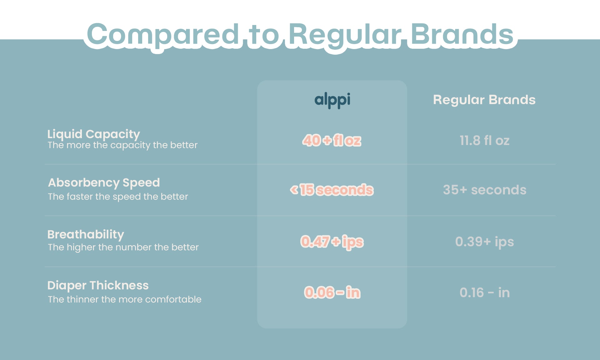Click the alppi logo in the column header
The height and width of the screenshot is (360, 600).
(x=332, y=100)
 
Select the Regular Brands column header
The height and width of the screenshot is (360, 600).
(x=484, y=100)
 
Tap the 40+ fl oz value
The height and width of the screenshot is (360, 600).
(x=332, y=140)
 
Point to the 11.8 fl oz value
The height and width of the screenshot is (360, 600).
(x=484, y=141)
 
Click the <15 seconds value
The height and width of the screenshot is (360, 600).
(x=332, y=190)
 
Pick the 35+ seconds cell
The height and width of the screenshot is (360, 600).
(x=484, y=190)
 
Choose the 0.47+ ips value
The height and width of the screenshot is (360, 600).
(x=332, y=242)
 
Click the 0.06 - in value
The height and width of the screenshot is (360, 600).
(x=332, y=292)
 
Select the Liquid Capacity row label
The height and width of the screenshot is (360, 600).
(x=93, y=134)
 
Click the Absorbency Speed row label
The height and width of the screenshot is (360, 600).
(x=104, y=183)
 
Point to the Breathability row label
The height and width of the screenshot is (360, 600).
(x=86, y=234)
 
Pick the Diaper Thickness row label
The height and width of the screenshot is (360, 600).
(x=98, y=285)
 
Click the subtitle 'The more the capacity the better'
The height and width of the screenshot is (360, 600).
(x=122, y=145)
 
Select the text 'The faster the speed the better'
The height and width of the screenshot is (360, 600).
(x=118, y=197)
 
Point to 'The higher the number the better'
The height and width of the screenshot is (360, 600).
(x=123, y=247)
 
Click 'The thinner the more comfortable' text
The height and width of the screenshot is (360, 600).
(x=124, y=299)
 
